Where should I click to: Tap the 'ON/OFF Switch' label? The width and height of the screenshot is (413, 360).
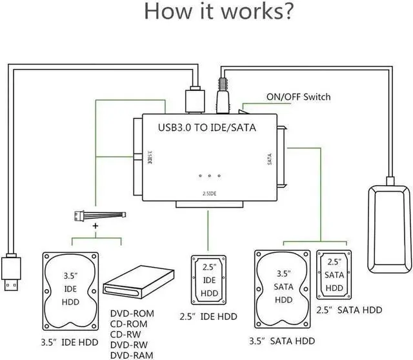pyautogui.click(x=298, y=97)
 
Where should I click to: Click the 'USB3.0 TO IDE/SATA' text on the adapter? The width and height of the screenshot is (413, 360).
pyautogui.click(x=206, y=128)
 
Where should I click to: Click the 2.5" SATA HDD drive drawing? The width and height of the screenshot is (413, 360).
pyautogui.click(x=334, y=275)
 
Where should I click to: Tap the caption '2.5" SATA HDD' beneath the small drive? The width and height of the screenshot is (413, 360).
pyautogui.click(x=349, y=310)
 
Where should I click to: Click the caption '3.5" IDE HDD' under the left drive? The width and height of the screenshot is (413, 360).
pyautogui.click(x=69, y=342)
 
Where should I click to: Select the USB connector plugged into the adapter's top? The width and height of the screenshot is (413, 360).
pyautogui.click(x=194, y=100)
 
